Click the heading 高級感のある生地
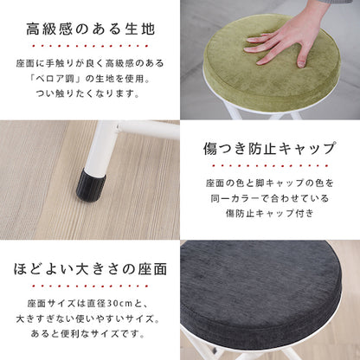[x=91, y=29]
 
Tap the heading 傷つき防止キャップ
[x=270, y=149]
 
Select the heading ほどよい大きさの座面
[x=91, y=269]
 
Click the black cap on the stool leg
[x=91, y=184]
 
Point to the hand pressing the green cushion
[x=292, y=36]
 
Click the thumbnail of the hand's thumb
[x=301, y=63]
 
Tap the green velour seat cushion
[x=271, y=63]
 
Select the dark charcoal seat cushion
[x=260, y=294]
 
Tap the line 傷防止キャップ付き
[x=269, y=214]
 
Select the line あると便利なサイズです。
[x=88, y=334]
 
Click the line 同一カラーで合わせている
[x=270, y=198]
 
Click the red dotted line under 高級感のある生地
[x=91, y=46]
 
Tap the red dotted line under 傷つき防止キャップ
[x=270, y=166]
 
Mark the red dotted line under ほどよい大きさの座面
[x=91, y=286]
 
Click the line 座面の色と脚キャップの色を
[x=270, y=183]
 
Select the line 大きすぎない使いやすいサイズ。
[x=88, y=318]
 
